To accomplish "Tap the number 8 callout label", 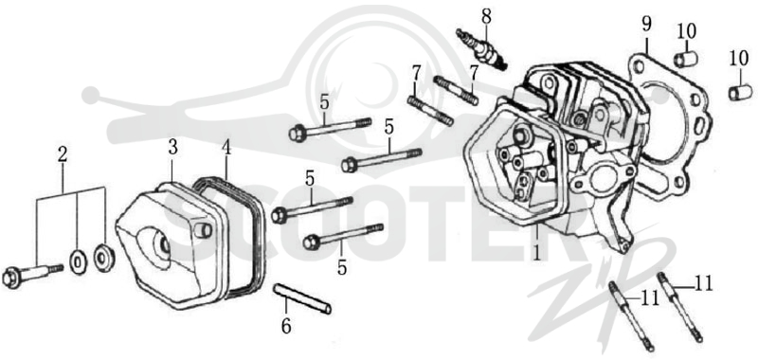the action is point(486,16).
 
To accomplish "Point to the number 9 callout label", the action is point(647,24).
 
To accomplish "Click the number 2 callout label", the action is point(63,154).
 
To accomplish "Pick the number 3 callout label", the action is point(172,148).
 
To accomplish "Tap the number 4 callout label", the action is point(226,148).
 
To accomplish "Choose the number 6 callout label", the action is point(286,327).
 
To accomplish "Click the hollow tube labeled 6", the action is point(303,298).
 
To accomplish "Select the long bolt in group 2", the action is point(32,275).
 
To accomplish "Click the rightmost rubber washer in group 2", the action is point(104,258).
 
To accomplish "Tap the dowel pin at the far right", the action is point(740,92).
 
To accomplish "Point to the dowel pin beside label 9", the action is point(686,59).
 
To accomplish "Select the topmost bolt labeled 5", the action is point(330,127).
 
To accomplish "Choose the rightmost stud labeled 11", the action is point(679,307).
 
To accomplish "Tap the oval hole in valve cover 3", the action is point(153,244).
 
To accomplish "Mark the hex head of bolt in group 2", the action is point(10,278).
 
